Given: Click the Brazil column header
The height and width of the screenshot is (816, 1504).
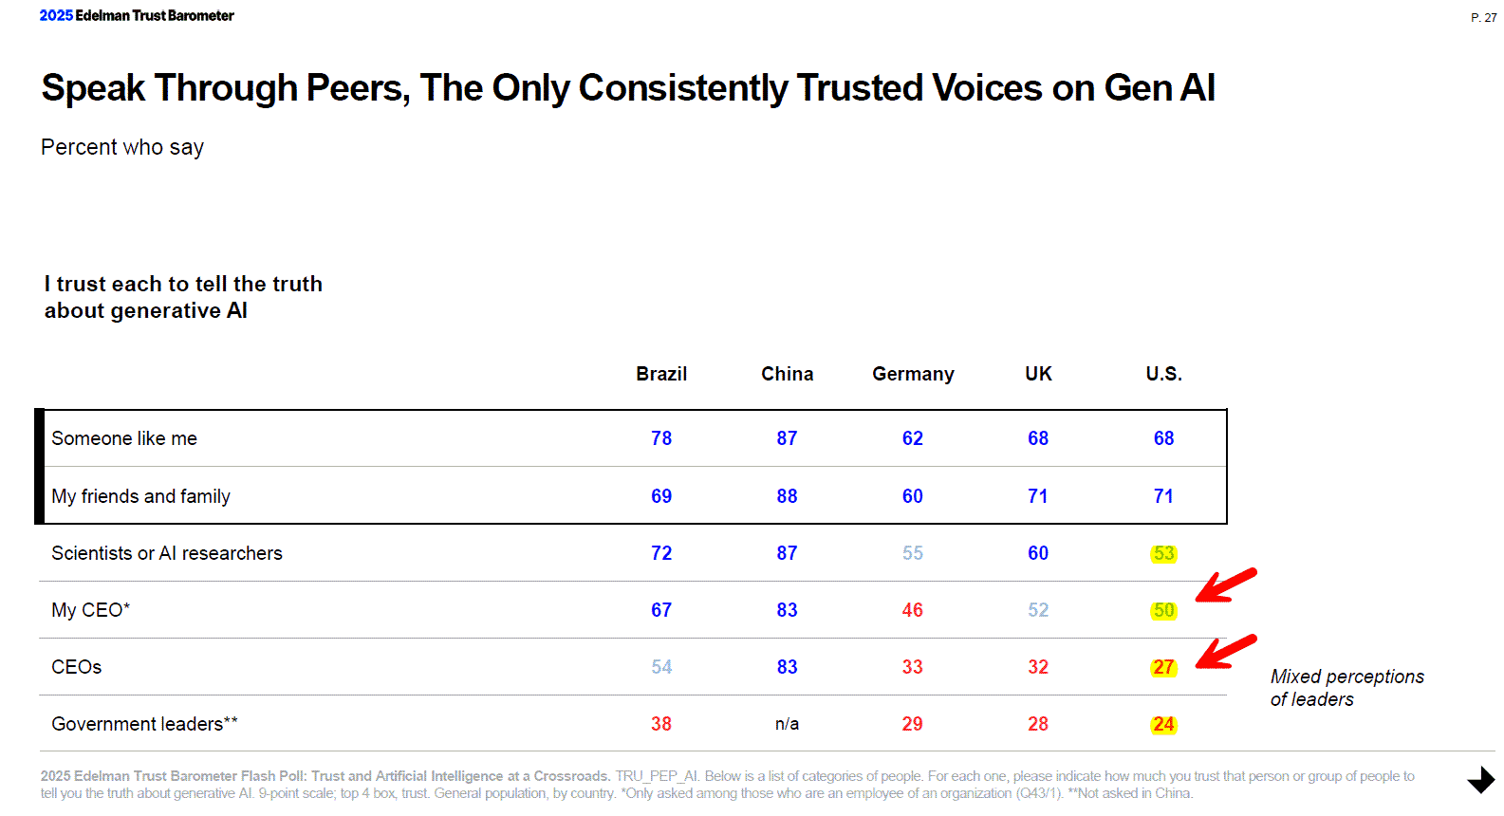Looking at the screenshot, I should (661, 374).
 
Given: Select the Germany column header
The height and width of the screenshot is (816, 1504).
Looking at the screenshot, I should (913, 374).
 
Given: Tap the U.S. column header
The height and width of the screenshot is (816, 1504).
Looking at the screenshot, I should (1163, 374).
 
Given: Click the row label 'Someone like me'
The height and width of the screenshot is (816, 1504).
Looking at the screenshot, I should (124, 438).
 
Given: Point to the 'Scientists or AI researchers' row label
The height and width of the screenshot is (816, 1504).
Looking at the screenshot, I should (167, 553).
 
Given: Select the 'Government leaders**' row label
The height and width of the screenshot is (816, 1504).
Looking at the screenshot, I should (144, 724).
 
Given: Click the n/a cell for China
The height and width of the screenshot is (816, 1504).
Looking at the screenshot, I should (787, 724).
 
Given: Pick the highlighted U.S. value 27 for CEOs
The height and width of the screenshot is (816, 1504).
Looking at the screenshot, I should (1163, 667).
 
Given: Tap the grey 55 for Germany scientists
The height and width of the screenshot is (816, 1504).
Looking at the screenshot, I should (913, 553).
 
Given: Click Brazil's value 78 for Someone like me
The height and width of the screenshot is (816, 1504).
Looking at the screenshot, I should (661, 438).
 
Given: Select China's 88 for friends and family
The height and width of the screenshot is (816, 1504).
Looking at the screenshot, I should (787, 496).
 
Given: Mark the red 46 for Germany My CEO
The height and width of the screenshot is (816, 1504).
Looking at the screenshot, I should (913, 610).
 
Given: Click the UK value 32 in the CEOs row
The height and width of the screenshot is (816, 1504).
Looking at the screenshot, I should (1038, 667).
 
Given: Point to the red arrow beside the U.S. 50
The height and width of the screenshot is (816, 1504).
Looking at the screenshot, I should (1225, 585).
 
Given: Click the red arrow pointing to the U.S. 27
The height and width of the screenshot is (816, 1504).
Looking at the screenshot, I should (1225, 652).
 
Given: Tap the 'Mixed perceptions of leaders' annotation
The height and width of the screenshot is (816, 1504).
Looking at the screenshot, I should (1346, 688).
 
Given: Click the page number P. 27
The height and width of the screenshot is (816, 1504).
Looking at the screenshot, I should (1483, 18).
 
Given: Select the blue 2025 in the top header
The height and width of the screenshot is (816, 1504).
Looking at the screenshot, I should (56, 15).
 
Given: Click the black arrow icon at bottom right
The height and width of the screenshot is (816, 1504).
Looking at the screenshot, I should (1480, 780).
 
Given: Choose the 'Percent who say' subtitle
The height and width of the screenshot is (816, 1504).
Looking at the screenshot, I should (122, 147).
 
